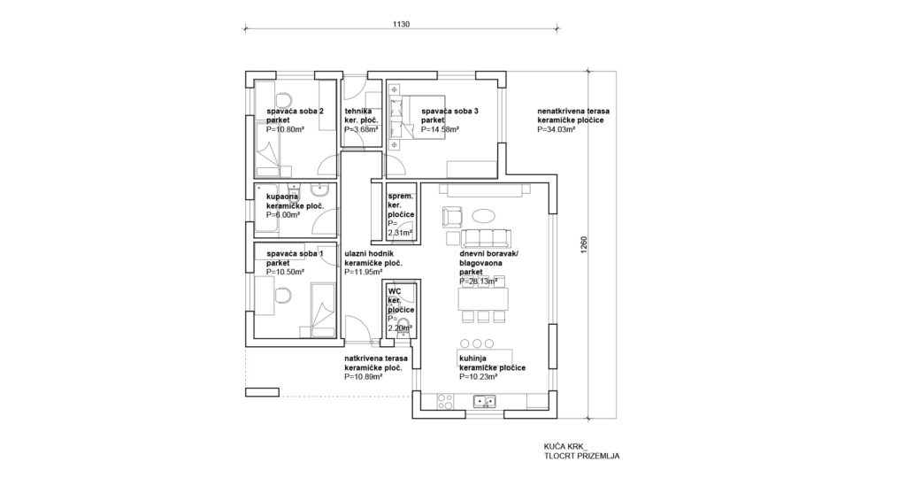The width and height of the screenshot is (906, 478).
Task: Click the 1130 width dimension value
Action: [401, 24]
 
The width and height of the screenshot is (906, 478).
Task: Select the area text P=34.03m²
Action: [556, 129]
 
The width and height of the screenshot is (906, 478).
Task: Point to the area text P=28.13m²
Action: [479, 281]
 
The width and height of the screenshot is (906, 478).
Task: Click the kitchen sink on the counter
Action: [484, 401]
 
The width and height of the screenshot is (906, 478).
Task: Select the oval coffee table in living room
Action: [484, 216]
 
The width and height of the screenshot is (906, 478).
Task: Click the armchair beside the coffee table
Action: [451, 217]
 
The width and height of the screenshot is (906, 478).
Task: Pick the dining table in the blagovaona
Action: [484, 299]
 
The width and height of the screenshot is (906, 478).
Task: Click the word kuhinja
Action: [472, 358]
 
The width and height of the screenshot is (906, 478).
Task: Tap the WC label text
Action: [395, 291]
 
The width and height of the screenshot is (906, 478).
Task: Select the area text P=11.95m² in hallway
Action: [363, 273]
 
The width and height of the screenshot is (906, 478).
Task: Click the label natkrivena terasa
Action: [376, 358]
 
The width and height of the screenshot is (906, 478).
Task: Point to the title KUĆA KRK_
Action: [565, 447]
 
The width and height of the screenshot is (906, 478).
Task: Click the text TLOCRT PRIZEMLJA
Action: [581, 456]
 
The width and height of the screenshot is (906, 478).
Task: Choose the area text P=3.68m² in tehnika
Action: [361, 129]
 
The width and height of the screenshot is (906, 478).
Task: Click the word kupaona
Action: [282, 197]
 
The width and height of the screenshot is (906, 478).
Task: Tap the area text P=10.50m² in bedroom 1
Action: [286, 273]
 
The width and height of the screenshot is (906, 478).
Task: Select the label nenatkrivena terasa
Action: [573, 111]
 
